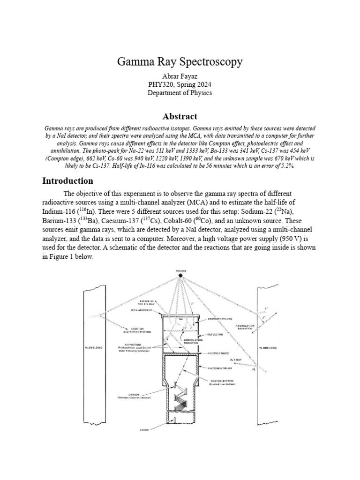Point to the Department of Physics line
(x=180, y=93)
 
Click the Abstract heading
(x=180, y=116)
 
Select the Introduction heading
(x=68, y=180)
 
